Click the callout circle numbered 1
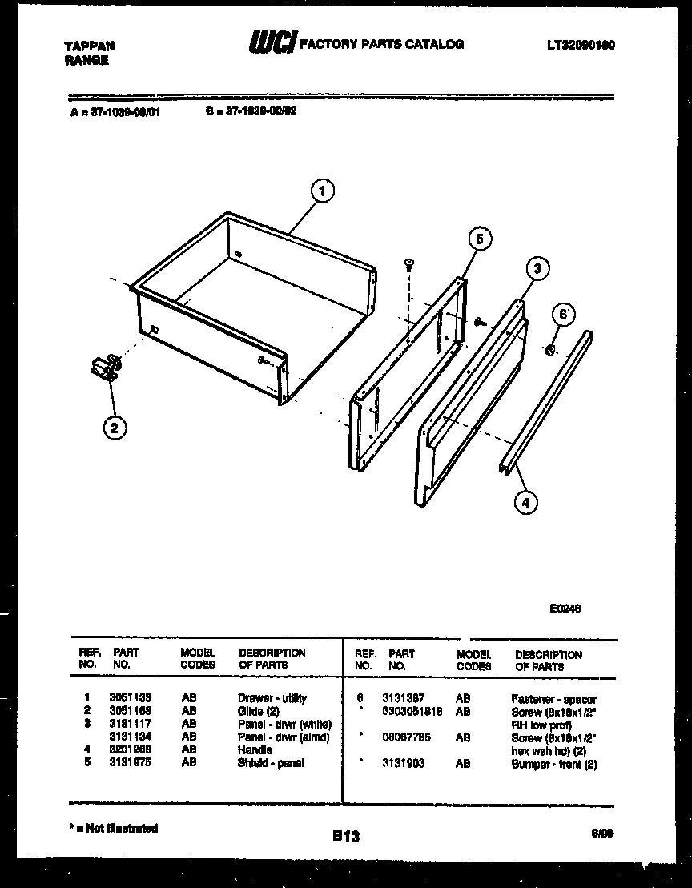[322, 191]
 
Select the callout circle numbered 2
[115, 428]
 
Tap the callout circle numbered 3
[537, 269]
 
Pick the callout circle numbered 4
[525, 503]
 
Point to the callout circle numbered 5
[479, 239]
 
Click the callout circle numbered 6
[563, 315]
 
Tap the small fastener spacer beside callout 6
[549, 348]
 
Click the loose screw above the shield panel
[408, 263]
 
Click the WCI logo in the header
[272, 45]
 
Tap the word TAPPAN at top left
[89, 46]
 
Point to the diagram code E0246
[565, 609]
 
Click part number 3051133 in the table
[131, 698]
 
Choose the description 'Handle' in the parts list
[255, 750]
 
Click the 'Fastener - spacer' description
[553, 699]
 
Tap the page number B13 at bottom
[346, 836]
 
